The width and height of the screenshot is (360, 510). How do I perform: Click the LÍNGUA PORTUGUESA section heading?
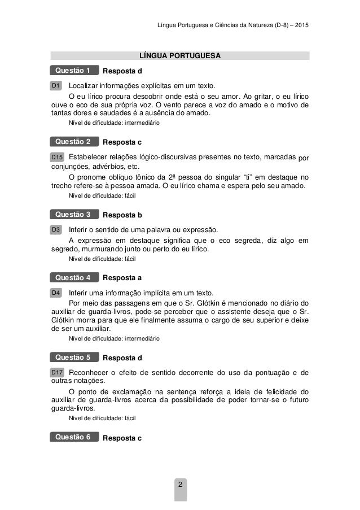coord(180,56)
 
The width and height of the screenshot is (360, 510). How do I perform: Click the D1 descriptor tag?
coord(56,85)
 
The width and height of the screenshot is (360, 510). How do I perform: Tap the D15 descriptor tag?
coord(58,156)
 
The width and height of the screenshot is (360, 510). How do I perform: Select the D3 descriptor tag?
coord(56,230)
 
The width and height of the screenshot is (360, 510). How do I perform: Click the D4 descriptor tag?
coord(56,293)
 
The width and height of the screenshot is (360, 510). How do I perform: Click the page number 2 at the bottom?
coord(180,485)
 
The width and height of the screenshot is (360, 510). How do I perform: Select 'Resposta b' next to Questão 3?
coord(122,215)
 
